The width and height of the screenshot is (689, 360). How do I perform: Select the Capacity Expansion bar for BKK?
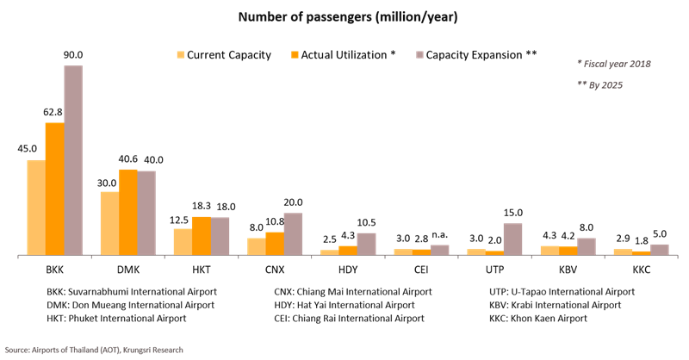pyautogui.click(x=73, y=160)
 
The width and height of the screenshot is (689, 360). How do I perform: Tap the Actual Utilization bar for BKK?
pyautogui.click(x=54, y=189)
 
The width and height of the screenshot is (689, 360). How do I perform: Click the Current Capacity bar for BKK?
pyautogui.click(x=36, y=207)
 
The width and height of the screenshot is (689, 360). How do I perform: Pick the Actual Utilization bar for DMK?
pyautogui.click(x=128, y=212)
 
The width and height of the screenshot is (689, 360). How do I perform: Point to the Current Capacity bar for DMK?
pyautogui.click(x=110, y=223)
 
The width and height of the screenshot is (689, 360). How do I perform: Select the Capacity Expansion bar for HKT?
pyautogui.click(x=220, y=236)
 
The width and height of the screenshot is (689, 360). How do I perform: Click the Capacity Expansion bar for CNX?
pyautogui.click(x=294, y=233)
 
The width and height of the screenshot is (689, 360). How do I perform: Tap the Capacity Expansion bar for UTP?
pyautogui.click(x=513, y=239)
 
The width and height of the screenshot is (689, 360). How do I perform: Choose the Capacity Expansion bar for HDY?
pyautogui.click(x=367, y=244)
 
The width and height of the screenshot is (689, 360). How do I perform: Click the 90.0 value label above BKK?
pyautogui.click(x=73, y=55)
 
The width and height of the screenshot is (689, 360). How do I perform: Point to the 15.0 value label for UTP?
pyautogui.click(x=513, y=213)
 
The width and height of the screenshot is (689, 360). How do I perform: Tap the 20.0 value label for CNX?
pyautogui.click(x=294, y=202)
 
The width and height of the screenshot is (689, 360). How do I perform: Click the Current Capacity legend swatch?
pyautogui.click(x=181, y=55)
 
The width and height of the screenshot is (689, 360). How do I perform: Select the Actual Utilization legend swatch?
pyautogui.click(x=295, y=55)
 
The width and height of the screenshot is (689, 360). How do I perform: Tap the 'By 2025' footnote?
pyautogui.click(x=599, y=84)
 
